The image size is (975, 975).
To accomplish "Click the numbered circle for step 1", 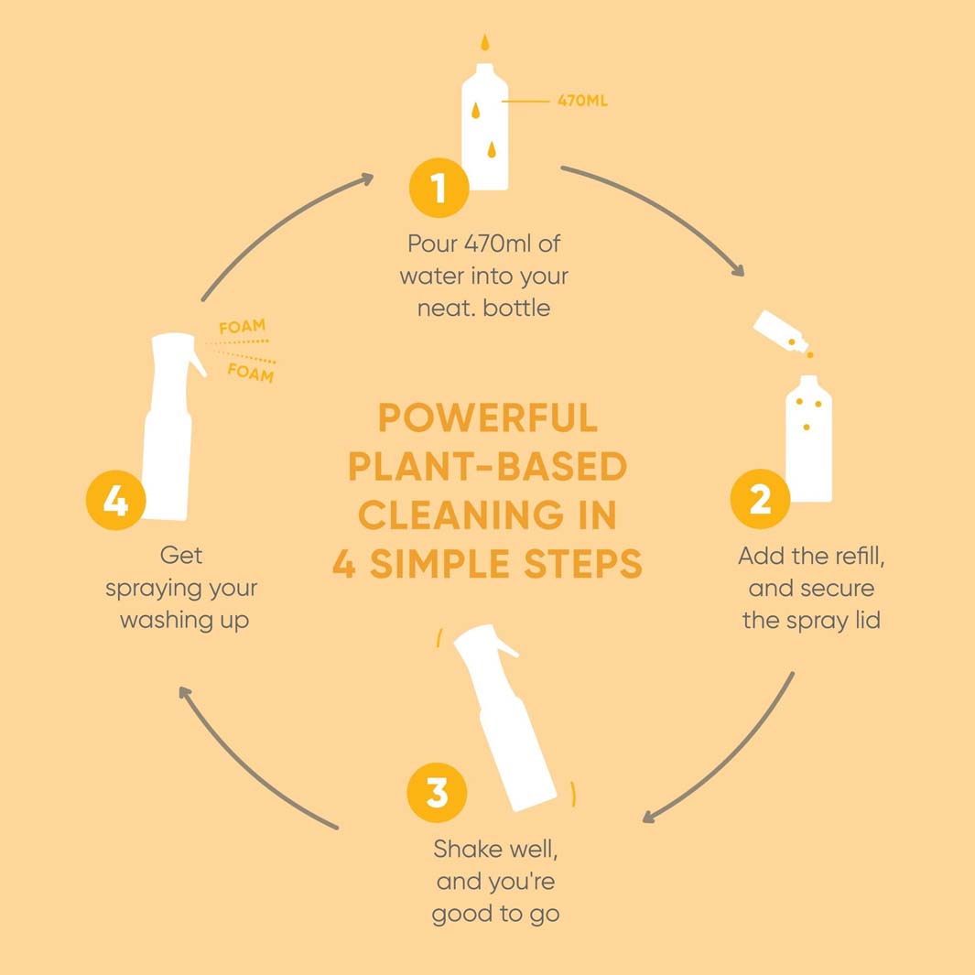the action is click(x=439, y=187).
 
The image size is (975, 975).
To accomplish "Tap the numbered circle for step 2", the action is click(x=760, y=499).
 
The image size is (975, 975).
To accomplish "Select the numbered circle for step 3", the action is click(x=437, y=792).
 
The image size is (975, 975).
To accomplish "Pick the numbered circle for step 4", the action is click(x=115, y=501).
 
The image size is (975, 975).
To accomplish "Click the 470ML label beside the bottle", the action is click(x=582, y=101).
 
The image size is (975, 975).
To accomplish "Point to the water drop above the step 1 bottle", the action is click(x=485, y=42).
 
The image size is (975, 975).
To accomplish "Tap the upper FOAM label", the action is click(x=243, y=327).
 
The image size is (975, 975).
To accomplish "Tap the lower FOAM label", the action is click(x=251, y=373).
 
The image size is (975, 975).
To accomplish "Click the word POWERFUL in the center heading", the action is click(x=487, y=417).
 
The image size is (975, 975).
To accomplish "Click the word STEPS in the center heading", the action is click(x=582, y=564).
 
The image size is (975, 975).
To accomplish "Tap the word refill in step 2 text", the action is click(x=858, y=556).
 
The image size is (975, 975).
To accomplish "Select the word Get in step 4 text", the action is click(x=181, y=556).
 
